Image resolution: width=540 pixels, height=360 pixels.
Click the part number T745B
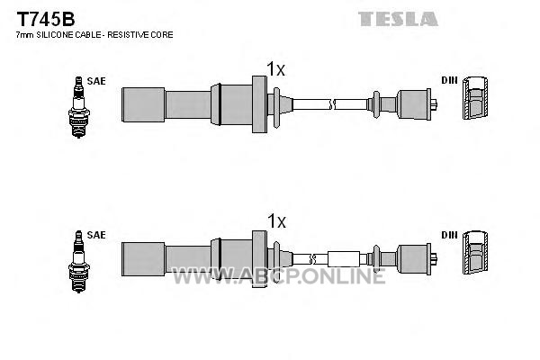click(x=46, y=19)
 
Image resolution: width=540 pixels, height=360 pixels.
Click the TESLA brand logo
click(x=398, y=19)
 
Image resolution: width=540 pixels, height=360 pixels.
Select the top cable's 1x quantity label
click(x=276, y=69)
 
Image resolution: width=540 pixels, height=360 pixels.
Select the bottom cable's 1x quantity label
click(x=276, y=221)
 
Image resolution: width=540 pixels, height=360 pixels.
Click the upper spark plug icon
click(x=79, y=107)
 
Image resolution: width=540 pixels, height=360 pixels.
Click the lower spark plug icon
click(x=79, y=262)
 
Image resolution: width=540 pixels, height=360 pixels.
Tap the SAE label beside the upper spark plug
click(x=96, y=81)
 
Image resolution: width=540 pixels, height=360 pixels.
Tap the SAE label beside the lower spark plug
click(x=96, y=235)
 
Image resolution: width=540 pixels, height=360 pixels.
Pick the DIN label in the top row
click(x=449, y=80)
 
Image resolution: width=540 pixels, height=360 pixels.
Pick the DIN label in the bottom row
click(x=449, y=235)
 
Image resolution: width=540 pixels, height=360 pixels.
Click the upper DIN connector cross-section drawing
click(x=475, y=98)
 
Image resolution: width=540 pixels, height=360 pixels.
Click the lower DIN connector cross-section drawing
click(x=475, y=253)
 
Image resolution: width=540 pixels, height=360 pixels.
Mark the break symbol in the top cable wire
click(x=332, y=104)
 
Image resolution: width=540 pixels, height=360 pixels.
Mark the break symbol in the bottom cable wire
click(x=312, y=259)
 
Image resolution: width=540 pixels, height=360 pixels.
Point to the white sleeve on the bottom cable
click(x=344, y=259)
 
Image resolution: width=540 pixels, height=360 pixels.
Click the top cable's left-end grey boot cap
click(x=143, y=104)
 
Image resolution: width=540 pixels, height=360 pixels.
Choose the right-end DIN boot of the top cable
click(x=414, y=104)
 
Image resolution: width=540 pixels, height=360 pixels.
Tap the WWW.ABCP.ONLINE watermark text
click(x=279, y=276)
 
